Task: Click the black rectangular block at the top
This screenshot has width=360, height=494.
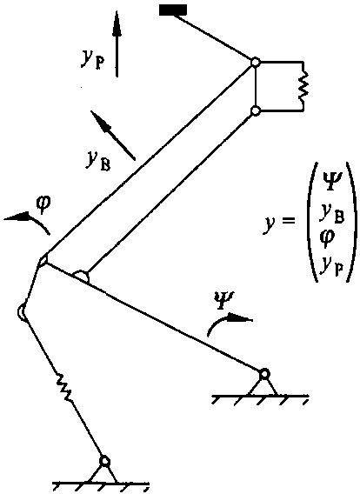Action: (x=173, y=10)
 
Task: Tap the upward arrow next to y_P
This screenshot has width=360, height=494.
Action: (x=117, y=43)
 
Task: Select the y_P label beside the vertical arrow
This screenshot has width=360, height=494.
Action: (x=91, y=59)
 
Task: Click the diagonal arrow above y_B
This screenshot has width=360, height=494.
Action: (x=113, y=135)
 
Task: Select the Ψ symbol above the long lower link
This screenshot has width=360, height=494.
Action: (x=223, y=298)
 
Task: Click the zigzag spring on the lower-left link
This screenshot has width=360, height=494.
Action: (x=63, y=387)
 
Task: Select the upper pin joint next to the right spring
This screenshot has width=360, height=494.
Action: (x=255, y=62)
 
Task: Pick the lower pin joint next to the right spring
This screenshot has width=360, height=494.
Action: (x=256, y=110)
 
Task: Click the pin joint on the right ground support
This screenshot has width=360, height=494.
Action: (x=264, y=375)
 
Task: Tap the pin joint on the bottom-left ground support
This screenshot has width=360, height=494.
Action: (x=104, y=461)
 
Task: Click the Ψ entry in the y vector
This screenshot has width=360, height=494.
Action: (x=330, y=183)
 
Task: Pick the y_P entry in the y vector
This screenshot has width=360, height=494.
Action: (x=330, y=266)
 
